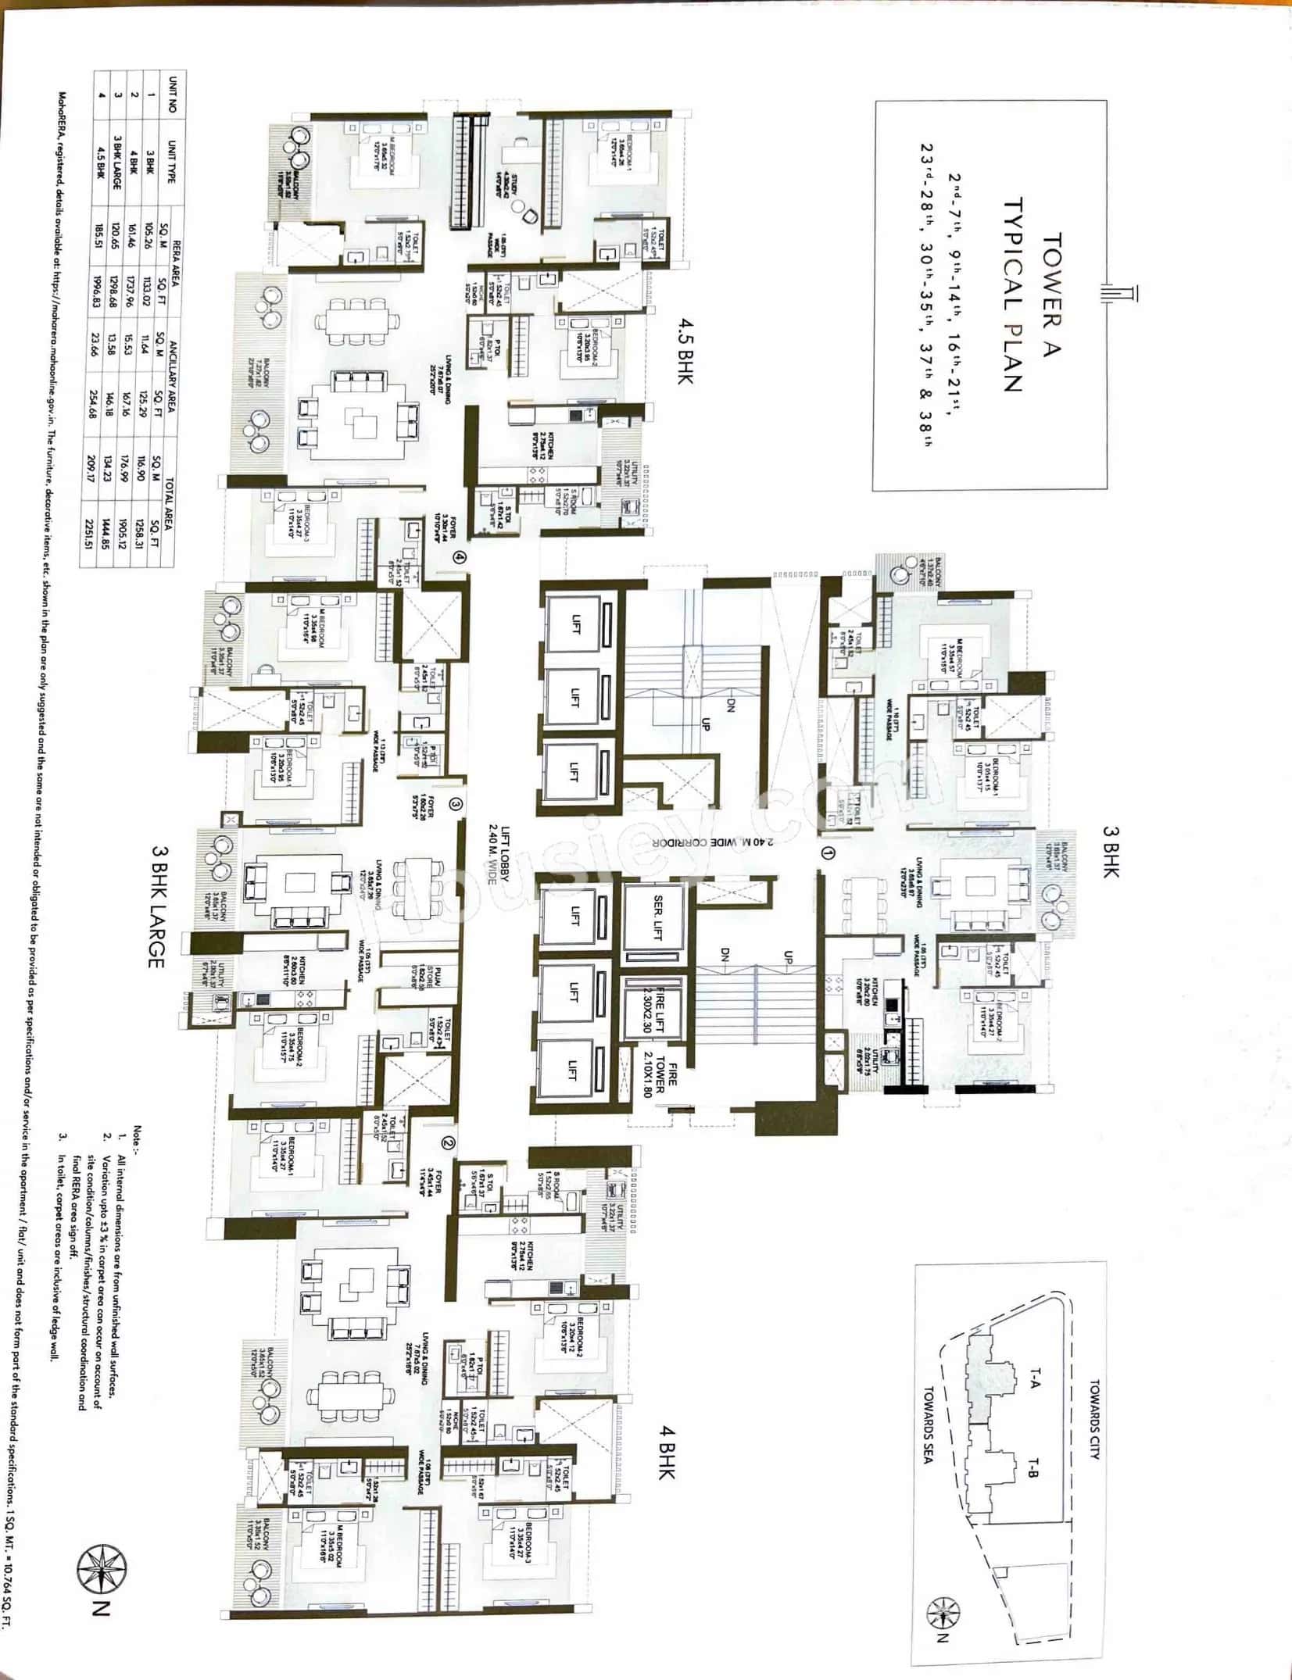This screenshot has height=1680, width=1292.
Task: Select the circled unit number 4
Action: (x=460, y=558)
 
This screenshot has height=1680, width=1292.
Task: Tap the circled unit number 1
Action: (x=828, y=854)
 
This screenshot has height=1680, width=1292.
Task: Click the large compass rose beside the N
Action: (x=102, y=1564)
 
